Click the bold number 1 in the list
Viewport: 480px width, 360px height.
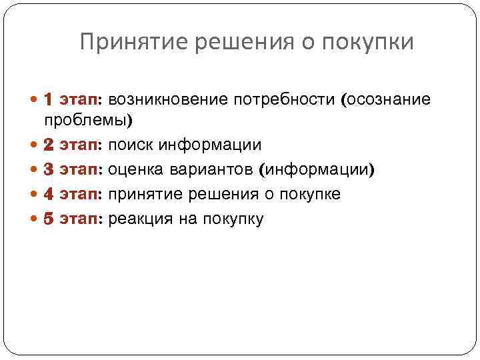pyautogui.click(x=49, y=100)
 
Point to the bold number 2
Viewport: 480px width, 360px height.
pyautogui.click(x=49, y=145)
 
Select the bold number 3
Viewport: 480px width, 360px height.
pyautogui.click(x=49, y=169)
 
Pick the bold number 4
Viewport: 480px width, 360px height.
pyautogui.click(x=49, y=194)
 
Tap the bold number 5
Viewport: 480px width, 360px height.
pyautogui.click(x=49, y=219)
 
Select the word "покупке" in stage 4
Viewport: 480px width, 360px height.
pyautogui.click(x=311, y=194)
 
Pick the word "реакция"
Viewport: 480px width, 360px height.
pyautogui.click(x=139, y=219)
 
